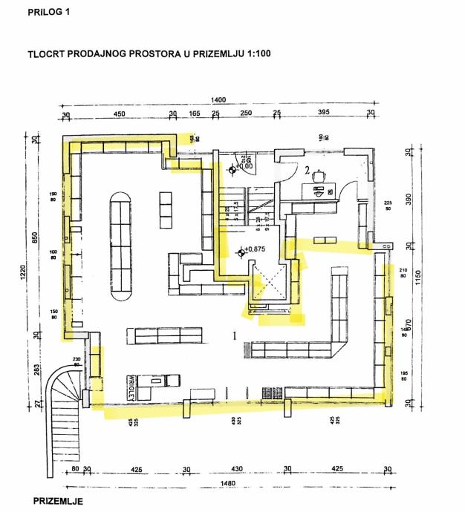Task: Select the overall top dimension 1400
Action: click(218, 99)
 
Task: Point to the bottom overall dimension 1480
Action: click(217, 483)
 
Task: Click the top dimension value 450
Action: click(118, 114)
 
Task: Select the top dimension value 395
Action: click(323, 114)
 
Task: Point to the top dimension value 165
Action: click(193, 114)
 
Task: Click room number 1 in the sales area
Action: click(234, 335)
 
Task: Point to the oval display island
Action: click(119, 245)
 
